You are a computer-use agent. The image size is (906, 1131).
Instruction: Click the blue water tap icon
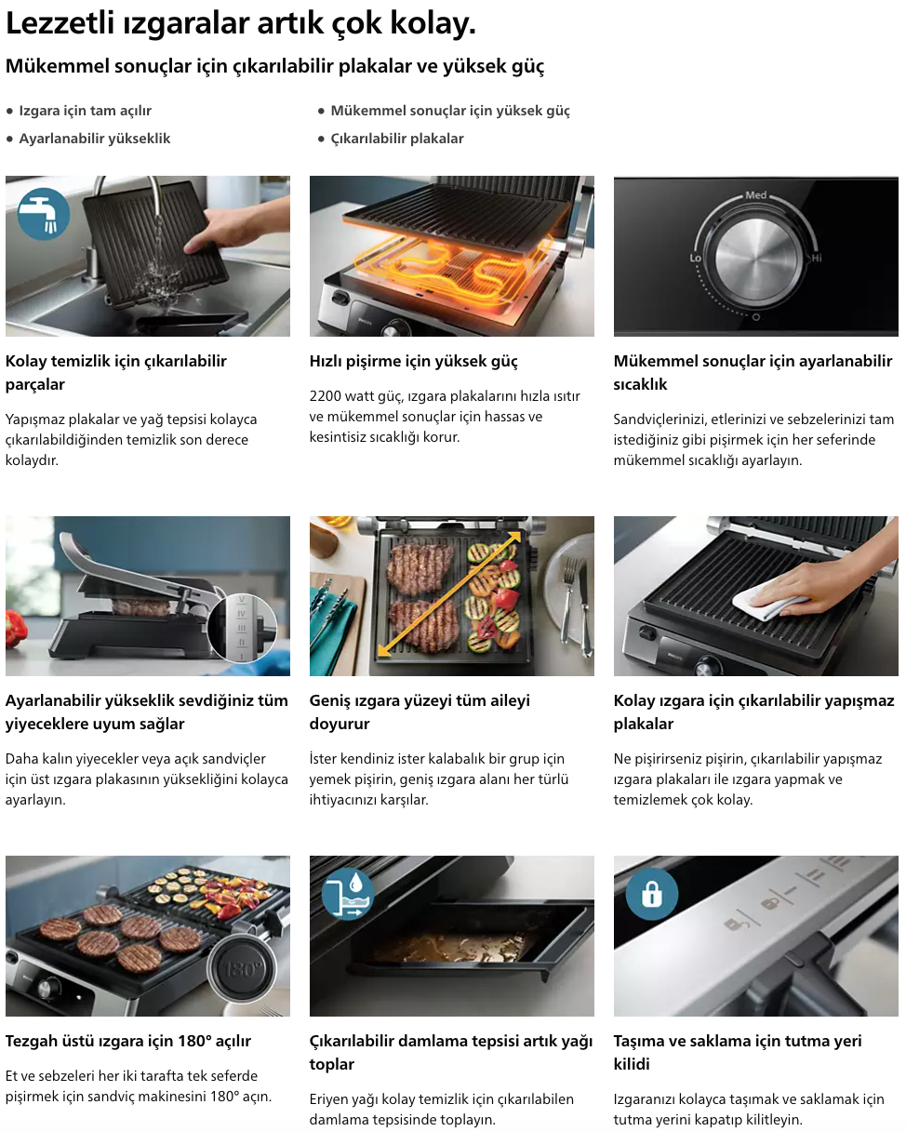click(44, 214)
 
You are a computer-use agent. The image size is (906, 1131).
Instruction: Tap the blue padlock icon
click(652, 894)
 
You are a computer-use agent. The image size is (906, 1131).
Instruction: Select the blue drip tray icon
click(347, 894)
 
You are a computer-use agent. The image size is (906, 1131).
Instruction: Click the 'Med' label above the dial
click(755, 195)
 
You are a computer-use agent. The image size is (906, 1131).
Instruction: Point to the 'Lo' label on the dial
click(695, 258)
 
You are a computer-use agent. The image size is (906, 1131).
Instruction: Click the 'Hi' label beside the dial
click(816, 258)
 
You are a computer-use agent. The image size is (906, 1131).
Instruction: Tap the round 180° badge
click(242, 968)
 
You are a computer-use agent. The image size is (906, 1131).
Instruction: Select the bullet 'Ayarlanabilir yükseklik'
click(95, 139)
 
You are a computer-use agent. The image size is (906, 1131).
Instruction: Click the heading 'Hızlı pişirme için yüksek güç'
click(413, 362)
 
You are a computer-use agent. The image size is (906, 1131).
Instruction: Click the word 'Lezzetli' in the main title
click(60, 23)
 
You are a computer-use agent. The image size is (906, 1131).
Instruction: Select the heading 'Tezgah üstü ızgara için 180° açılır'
click(128, 1041)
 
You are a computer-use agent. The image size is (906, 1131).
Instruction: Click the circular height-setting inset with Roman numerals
click(242, 628)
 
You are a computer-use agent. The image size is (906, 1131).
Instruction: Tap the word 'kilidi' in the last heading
click(632, 1064)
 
